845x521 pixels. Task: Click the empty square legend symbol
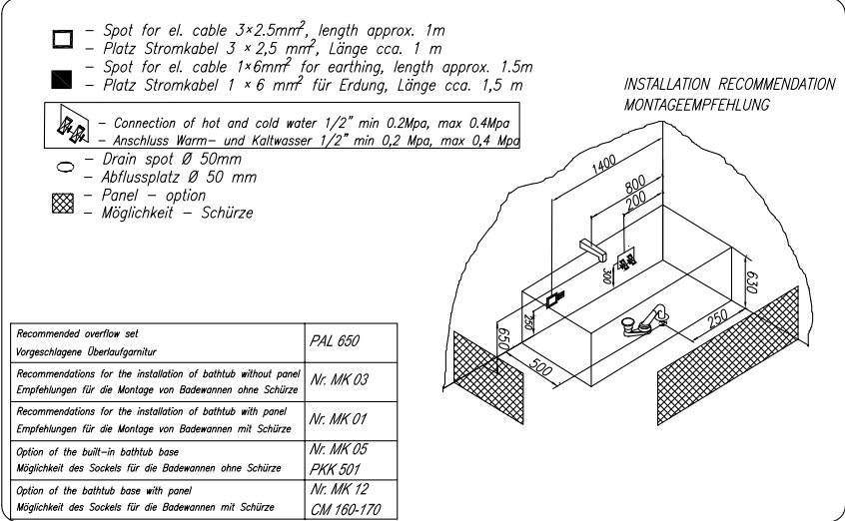coord(63,39)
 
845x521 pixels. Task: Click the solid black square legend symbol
coord(62,79)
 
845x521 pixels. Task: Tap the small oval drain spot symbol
coord(64,167)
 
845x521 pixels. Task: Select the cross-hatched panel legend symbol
coord(63,204)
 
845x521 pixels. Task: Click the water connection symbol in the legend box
coord(72,127)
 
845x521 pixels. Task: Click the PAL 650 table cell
coord(351,342)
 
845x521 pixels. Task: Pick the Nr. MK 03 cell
coord(351,382)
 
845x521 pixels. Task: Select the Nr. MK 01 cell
coord(351,421)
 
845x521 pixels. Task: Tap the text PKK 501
coord(335,469)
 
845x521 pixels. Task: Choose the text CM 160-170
coord(346,509)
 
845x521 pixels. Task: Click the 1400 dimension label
coord(603,165)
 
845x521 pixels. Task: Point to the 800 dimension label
coord(635,185)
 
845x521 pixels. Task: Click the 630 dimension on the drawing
coord(751,280)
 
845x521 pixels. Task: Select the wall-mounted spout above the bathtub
coord(592,249)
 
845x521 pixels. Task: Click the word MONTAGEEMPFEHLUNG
coord(696,105)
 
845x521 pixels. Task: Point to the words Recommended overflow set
coord(77,334)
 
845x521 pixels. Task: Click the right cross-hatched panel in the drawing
coord(727,355)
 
